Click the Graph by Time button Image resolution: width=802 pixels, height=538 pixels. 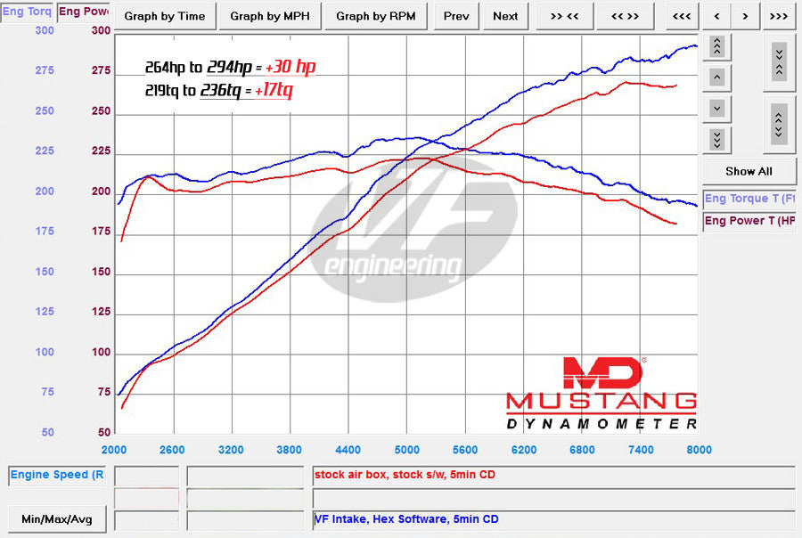(x=164, y=15)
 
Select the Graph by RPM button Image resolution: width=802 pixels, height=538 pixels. (x=375, y=15)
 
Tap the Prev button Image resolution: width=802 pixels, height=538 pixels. (x=455, y=15)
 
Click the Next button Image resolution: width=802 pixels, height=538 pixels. (x=505, y=15)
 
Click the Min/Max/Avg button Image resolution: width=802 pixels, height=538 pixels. (x=56, y=518)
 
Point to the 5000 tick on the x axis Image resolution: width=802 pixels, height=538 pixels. (x=406, y=450)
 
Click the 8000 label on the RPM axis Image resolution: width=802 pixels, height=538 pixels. (x=699, y=450)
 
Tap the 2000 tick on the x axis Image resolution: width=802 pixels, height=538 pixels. (x=114, y=450)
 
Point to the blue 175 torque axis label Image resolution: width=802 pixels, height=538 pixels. (x=44, y=232)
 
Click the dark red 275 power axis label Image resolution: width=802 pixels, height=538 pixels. (x=101, y=71)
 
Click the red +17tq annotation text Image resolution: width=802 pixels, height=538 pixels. (x=274, y=90)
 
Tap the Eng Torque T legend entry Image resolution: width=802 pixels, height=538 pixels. (x=750, y=199)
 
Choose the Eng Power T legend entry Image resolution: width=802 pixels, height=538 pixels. (x=750, y=221)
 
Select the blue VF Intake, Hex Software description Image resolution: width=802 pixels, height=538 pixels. (x=405, y=518)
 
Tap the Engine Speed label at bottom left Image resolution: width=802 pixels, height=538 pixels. (x=57, y=475)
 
